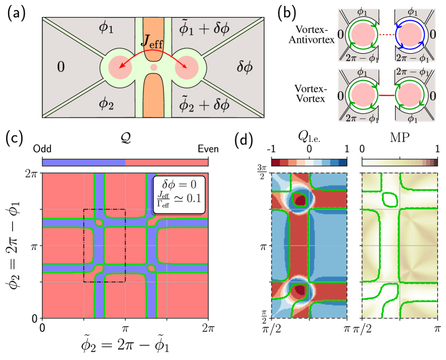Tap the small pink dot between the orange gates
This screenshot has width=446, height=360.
(x=154, y=67)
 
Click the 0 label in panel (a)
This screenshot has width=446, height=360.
(x=61, y=67)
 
